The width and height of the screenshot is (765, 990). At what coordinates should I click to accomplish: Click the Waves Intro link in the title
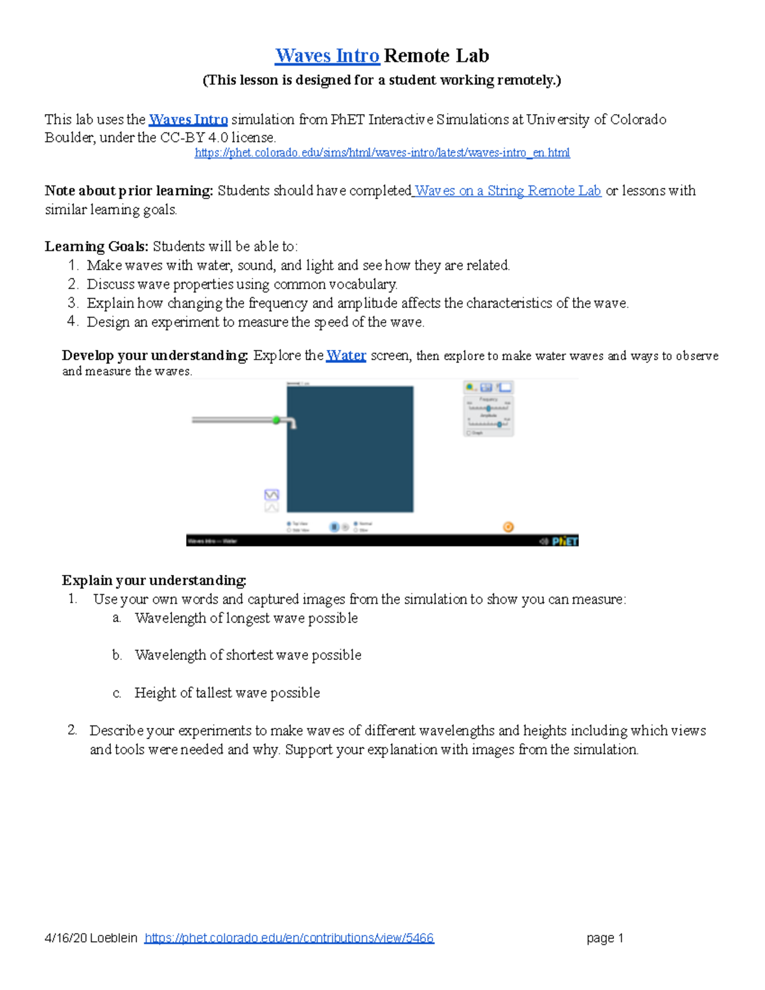(x=327, y=56)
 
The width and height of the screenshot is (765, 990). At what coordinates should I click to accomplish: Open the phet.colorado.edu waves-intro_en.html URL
(x=382, y=153)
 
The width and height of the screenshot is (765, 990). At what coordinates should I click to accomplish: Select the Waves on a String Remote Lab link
(x=507, y=191)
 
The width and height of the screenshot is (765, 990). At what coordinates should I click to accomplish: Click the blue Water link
(x=346, y=356)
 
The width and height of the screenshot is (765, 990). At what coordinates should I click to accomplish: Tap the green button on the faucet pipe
(x=276, y=419)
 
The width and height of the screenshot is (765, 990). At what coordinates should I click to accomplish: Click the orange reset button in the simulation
(x=508, y=527)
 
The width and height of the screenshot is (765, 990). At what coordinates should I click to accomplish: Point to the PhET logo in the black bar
(x=565, y=541)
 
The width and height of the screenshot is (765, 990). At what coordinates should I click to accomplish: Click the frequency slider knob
(x=489, y=408)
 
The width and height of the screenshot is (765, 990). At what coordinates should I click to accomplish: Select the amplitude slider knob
(x=499, y=424)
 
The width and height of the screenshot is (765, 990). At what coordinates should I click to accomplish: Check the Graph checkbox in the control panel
(x=469, y=433)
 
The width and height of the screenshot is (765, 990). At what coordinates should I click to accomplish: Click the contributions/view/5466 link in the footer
(x=289, y=938)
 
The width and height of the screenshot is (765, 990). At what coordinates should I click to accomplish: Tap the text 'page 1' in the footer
(x=604, y=938)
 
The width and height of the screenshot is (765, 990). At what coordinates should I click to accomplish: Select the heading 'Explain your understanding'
(x=154, y=580)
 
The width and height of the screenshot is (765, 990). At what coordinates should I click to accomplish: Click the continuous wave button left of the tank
(x=272, y=495)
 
